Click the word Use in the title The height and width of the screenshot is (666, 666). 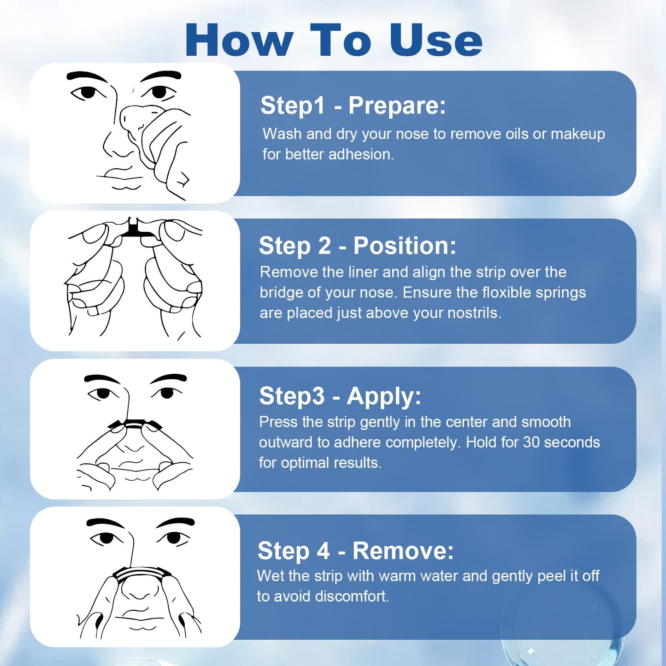[x=436, y=40]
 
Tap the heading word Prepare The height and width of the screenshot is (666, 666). [x=397, y=105]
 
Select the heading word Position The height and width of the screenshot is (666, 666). [x=404, y=246]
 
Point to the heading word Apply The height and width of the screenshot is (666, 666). [x=384, y=396]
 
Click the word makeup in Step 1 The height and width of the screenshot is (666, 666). [x=578, y=135]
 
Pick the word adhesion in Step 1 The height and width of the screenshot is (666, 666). [x=361, y=154]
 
